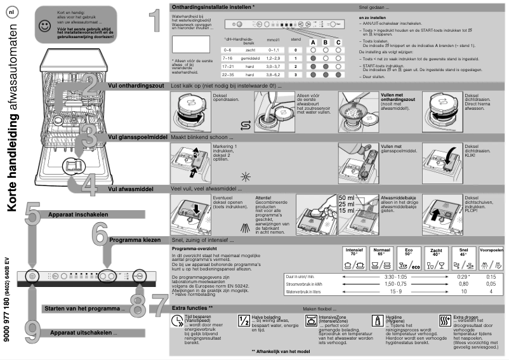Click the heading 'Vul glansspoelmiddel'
tap(138, 137)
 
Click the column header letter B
tap(325, 41)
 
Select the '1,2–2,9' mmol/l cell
tap(274, 57)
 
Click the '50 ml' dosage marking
tap(347, 198)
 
